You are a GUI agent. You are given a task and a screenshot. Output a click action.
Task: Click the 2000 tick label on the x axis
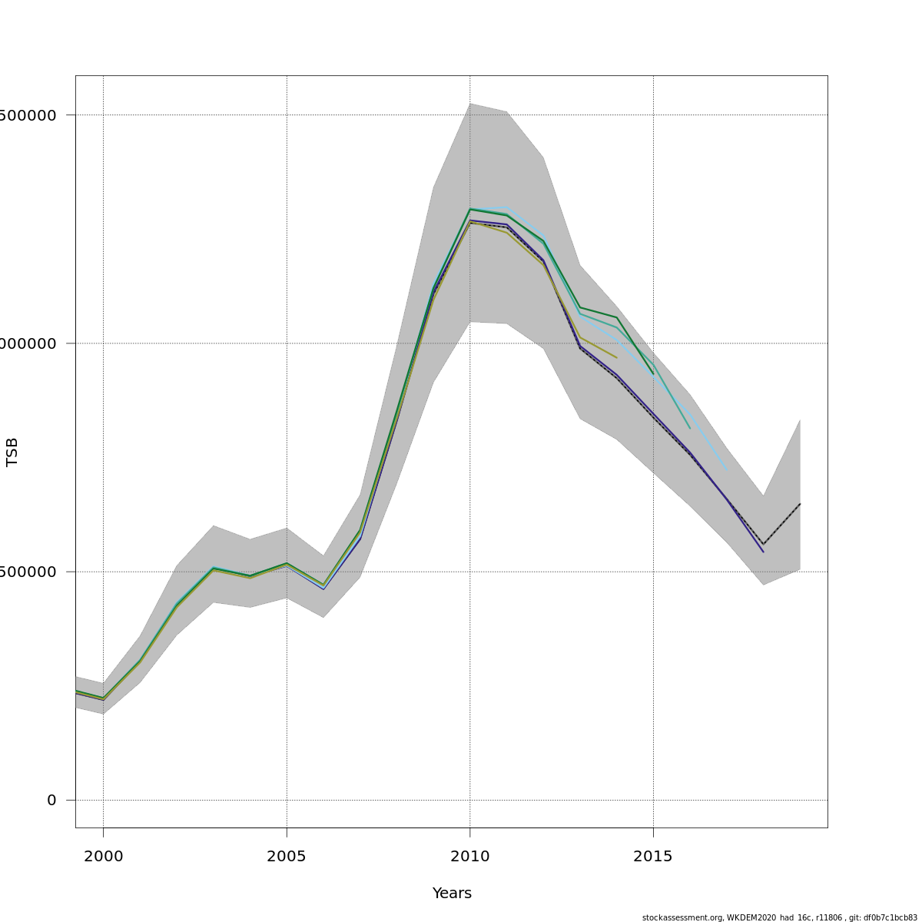coord(103,856)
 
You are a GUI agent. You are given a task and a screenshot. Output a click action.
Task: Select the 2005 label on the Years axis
coord(287,856)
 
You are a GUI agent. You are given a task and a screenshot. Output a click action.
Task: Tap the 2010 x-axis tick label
coord(469,856)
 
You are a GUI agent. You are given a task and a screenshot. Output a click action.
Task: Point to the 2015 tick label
coord(653,856)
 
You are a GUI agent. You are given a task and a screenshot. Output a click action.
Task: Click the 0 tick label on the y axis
coord(51,801)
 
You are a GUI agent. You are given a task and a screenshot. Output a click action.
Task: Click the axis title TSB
coord(12,452)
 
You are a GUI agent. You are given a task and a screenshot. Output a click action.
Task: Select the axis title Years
coord(452,894)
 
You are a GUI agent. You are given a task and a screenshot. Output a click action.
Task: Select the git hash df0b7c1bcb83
coord(892,917)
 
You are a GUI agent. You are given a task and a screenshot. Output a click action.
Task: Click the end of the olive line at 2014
coord(616,358)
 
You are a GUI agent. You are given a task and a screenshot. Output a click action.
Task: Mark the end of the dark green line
coord(653,374)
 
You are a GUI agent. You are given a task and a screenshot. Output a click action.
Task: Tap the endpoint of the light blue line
coord(726,470)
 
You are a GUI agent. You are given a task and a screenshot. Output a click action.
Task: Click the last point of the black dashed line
coord(800,504)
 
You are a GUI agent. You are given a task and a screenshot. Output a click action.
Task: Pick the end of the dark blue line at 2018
coord(763,552)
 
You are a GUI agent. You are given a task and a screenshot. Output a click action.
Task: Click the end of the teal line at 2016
coord(690,428)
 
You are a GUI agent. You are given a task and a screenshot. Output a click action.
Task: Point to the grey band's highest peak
coord(469,104)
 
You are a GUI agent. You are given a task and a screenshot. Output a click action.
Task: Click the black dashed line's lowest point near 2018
coord(763,544)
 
